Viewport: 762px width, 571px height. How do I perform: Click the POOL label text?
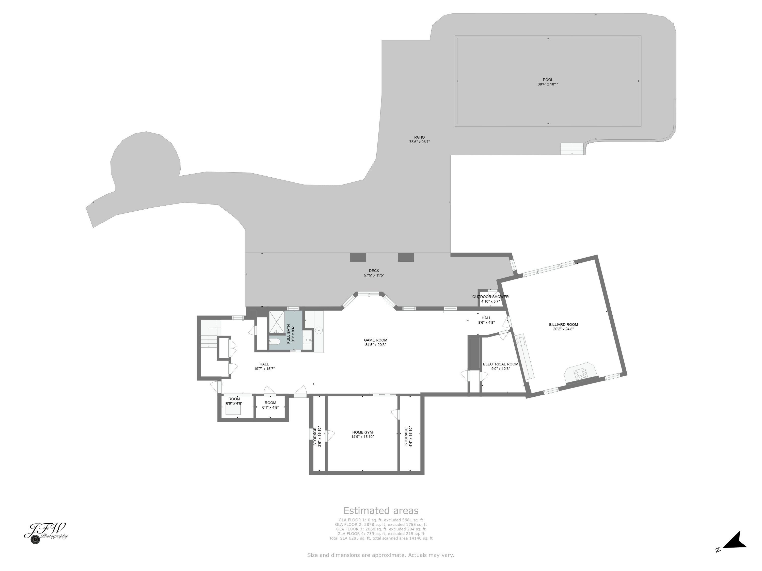coord(548,80)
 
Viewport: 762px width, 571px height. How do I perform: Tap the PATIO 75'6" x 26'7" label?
coord(419,139)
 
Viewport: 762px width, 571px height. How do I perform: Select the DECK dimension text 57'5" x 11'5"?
coord(374,275)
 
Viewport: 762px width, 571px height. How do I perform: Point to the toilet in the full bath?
coord(275,341)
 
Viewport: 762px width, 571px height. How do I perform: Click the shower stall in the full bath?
coord(276,322)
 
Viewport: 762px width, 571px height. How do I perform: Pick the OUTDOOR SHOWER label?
coord(490,297)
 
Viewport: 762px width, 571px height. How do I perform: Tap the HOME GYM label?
coord(362,432)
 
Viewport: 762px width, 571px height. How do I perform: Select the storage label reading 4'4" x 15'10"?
coord(408,436)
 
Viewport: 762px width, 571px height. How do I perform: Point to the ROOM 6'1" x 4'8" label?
coord(271,405)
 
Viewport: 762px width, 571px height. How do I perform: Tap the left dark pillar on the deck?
coord(358,257)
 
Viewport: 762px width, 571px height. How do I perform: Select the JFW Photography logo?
coord(46,533)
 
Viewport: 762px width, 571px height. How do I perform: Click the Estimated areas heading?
coord(381,510)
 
